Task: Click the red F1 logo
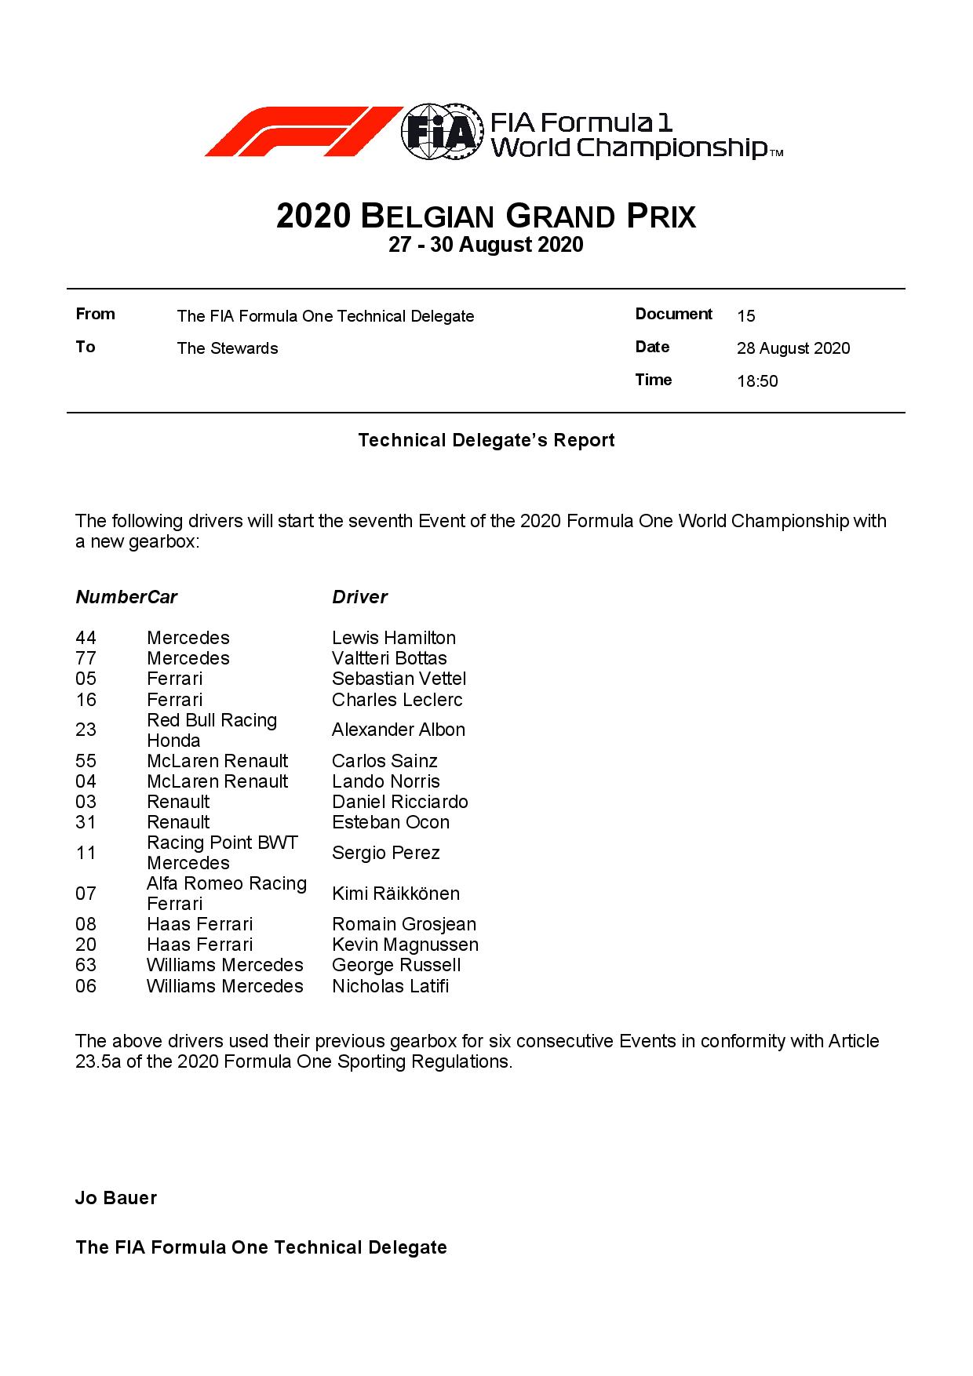[302, 132]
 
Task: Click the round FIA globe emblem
[441, 132]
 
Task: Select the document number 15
[745, 316]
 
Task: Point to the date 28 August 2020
[793, 349]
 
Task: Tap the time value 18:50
[757, 382]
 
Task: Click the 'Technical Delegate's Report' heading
[486, 441]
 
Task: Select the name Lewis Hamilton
[393, 639]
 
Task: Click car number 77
[86, 659]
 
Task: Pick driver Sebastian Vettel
[399, 679]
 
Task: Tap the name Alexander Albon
[398, 730]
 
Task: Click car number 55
[86, 762]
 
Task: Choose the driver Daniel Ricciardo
[399, 803]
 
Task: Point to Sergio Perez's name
[384, 854]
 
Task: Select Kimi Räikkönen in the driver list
[395, 894]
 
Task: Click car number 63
[86, 966]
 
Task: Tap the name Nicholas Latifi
[390, 987]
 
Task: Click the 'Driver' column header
[359, 598]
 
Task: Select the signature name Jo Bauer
[116, 1198]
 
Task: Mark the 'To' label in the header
[86, 348]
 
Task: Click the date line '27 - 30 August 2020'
[486, 246]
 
